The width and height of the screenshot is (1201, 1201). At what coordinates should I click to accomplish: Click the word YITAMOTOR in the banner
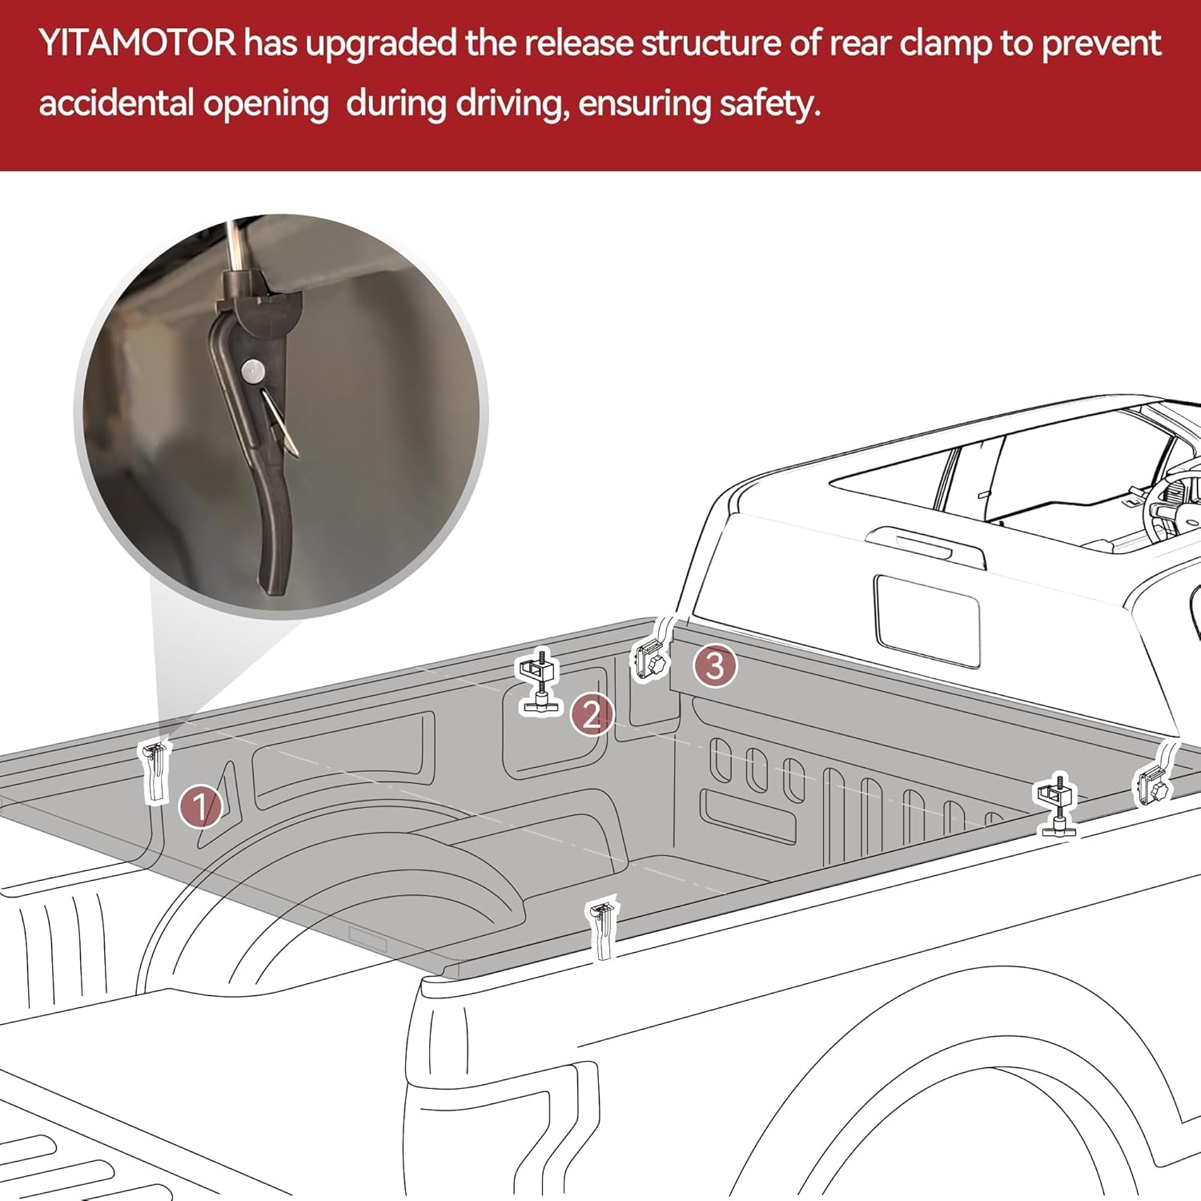[x=137, y=43]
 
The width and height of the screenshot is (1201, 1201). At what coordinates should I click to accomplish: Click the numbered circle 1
[x=200, y=806]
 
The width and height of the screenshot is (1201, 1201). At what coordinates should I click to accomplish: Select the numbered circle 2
[x=592, y=714]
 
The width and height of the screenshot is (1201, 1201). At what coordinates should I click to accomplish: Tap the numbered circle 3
[x=714, y=665]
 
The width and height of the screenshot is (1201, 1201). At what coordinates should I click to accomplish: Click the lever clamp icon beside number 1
[x=155, y=770]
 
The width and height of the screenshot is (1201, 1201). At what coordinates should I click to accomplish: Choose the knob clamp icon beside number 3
[x=650, y=660]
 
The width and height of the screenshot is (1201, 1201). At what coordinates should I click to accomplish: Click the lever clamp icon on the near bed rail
[x=602, y=929]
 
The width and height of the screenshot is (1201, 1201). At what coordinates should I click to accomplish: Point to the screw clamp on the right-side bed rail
[x=1058, y=805]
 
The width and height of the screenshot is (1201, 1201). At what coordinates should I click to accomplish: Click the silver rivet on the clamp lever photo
[x=253, y=370]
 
